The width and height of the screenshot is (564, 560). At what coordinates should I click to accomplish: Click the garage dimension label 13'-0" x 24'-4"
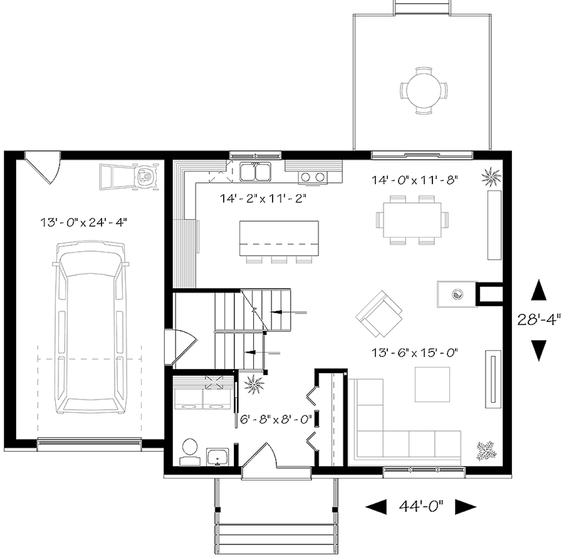[x=84, y=222]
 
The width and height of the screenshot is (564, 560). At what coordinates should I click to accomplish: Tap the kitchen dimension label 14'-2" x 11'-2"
[x=263, y=198]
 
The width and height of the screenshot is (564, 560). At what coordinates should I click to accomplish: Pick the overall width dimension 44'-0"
[x=421, y=506]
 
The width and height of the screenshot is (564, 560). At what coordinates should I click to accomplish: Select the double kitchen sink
[x=255, y=171]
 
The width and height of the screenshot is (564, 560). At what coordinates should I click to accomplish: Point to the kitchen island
[x=281, y=238]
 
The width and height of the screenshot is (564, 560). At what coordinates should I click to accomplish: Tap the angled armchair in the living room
[x=379, y=314]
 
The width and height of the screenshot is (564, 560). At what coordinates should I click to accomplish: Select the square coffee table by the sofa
[x=432, y=384]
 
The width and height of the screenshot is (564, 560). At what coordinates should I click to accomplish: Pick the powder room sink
[x=217, y=455]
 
